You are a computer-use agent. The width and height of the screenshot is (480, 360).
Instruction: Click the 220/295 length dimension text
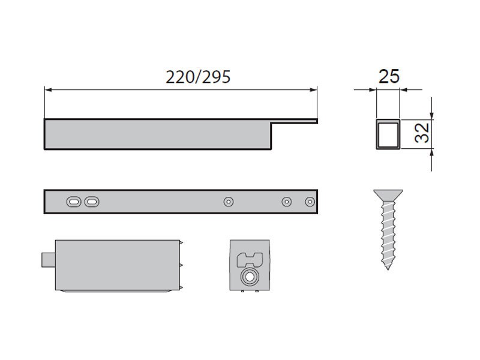pyautogui.click(x=198, y=77)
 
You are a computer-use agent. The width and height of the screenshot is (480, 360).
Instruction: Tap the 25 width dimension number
pyautogui.click(x=389, y=76)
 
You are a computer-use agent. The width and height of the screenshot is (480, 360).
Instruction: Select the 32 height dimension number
pyautogui.click(x=422, y=133)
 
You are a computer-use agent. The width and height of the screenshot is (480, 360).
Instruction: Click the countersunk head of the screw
pyautogui.click(x=388, y=196)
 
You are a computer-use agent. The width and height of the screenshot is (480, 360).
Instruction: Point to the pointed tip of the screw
pyautogui.click(x=388, y=269)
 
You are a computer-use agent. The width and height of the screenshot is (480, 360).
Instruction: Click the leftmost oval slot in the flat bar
pyautogui.click(x=74, y=202)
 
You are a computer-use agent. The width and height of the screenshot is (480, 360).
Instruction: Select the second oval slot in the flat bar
pyautogui.click(x=92, y=202)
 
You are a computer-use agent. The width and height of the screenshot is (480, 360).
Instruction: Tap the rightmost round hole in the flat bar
pyautogui.click(x=310, y=202)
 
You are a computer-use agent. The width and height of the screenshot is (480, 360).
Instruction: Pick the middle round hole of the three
pyautogui.click(x=287, y=202)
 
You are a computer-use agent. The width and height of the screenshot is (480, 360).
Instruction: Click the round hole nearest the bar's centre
pyautogui.click(x=229, y=202)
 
